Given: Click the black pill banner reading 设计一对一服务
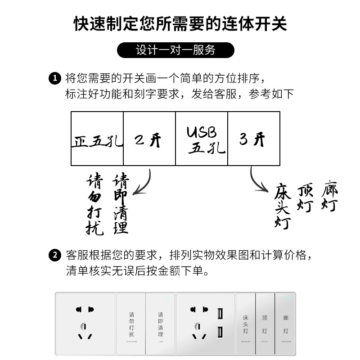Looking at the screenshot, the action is tap(175, 50).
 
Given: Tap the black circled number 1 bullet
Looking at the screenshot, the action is tap(54, 78).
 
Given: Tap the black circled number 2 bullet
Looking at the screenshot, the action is tap(54, 256).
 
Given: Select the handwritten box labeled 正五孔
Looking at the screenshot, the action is tap(97, 139).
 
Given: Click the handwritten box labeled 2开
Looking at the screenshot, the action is tap(149, 139).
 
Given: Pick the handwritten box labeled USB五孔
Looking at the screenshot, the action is tap(202, 139).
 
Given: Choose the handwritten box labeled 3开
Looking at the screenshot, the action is tap(254, 139).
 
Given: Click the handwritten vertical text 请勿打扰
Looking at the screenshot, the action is tap(95, 205).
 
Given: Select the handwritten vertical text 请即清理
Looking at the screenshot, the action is tap(121, 204).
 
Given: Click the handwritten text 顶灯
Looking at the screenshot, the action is tap(306, 198).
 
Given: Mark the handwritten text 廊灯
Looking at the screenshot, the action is tap(330, 196).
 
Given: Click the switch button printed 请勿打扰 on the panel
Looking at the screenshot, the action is tap(131, 323).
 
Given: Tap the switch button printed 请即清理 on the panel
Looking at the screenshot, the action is tap(161, 323).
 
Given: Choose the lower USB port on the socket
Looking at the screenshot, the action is tap(220, 333).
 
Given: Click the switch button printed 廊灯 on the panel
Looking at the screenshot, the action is tap(286, 323).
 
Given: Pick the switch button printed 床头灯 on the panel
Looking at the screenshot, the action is tap(246, 323).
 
